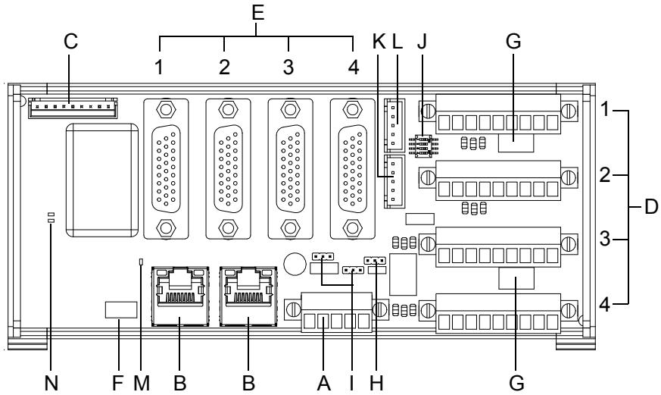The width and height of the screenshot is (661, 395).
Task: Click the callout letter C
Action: pyautogui.click(x=71, y=42)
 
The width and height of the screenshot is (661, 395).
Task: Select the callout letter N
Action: pyautogui.click(x=51, y=384)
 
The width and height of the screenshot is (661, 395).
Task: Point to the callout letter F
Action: pyautogui.click(x=117, y=384)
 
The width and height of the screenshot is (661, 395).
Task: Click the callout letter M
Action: pyautogui.click(x=142, y=384)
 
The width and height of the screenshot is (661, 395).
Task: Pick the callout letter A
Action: pyautogui.click(x=323, y=384)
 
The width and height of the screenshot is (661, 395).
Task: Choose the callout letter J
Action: pyautogui.click(x=422, y=42)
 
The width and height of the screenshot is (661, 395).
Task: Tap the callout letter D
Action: pyautogui.click(x=651, y=207)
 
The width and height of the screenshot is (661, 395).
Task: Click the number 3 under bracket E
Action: pyautogui.click(x=288, y=67)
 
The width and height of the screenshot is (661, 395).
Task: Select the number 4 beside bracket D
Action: pyautogui.click(x=605, y=304)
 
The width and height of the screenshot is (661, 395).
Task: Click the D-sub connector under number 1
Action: pyautogui.click(x=166, y=169)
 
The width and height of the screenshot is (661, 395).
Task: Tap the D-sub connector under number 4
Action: pyautogui.click(x=352, y=169)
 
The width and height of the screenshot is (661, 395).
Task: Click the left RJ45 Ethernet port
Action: pyautogui.click(x=180, y=296)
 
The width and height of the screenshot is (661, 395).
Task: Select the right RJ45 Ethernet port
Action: pyautogui.click(x=248, y=296)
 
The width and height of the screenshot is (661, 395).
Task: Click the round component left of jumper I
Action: pyautogui.click(x=295, y=264)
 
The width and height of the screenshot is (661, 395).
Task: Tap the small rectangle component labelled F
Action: pyautogui.click(x=120, y=310)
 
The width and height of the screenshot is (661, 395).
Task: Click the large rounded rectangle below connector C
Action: pyautogui.click(x=102, y=180)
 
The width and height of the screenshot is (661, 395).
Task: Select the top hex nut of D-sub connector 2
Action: pyautogui.click(x=228, y=110)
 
